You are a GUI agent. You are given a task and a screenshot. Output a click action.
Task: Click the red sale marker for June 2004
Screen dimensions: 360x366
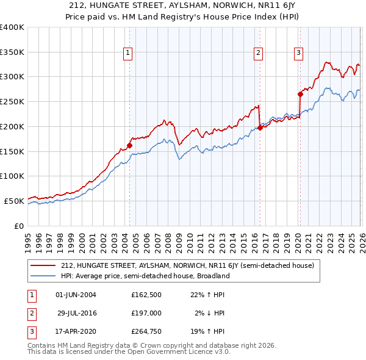pyautogui.click(x=129, y=145)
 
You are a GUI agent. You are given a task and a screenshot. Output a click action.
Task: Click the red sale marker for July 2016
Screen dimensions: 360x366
pyautogui.click(x=260, y=128)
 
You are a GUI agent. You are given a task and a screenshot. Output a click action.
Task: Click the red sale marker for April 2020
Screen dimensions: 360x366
pyautogui.click(x=300, y=94)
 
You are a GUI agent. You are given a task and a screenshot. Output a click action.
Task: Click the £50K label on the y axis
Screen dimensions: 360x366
pyautogui.click(x=14, y=201)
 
